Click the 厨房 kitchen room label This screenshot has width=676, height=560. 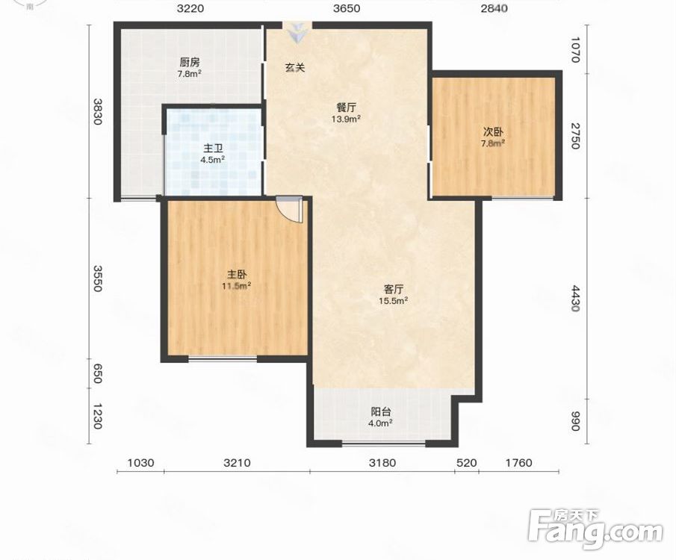pos(190,63)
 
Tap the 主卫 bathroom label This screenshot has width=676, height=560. pos(213,149)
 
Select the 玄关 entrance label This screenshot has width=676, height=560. pos(295,68)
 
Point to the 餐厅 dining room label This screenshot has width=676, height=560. pos(346,108)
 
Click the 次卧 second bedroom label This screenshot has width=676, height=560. pos(493,132)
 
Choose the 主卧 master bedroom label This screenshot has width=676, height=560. pos(237,275)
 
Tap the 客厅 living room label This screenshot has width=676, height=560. pos(393,289)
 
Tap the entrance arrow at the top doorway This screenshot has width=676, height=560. pos(297,33)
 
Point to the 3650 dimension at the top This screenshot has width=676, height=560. pos(347,9)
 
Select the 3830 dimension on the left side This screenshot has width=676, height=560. pos(98,112)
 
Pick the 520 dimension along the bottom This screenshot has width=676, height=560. pos(466,463)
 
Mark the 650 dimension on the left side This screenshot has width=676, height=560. pos(98,373)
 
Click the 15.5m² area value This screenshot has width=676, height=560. pos(393,301)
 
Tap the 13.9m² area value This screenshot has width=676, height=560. pos(346,119)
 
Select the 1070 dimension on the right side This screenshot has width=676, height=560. pos(575,49)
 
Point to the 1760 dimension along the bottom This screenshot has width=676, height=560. pos(518,463)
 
